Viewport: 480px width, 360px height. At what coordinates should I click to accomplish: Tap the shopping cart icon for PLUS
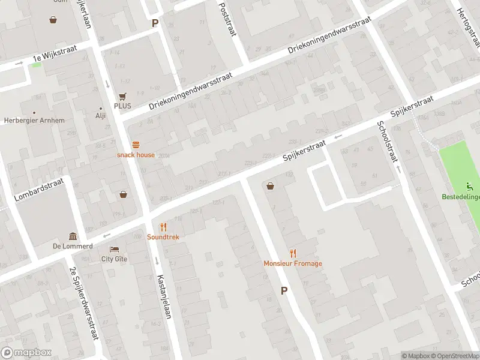coord(123,96)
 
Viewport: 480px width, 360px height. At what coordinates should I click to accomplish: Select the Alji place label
coord(100,116)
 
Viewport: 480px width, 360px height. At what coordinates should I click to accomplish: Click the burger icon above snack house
coord(136,144)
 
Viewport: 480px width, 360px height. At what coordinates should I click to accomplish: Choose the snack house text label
coord(136,155)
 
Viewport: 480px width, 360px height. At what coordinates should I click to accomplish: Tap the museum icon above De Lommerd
coord(73,236)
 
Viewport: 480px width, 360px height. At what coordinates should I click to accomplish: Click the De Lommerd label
coord(73,246)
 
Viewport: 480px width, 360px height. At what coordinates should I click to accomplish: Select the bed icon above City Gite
coord(114,249)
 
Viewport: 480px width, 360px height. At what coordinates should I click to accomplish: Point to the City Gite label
coord(114,259)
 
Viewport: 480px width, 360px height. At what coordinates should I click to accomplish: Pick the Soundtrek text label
coord(163,237)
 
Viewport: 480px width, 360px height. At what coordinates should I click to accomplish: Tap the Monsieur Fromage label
coord(293,263)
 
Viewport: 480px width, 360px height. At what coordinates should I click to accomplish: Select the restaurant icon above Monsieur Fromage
coord(293,253)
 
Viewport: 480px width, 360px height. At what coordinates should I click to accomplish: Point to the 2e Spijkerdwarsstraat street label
coord(85,303)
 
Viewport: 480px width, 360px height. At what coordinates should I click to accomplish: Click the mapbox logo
coord(26,352)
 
